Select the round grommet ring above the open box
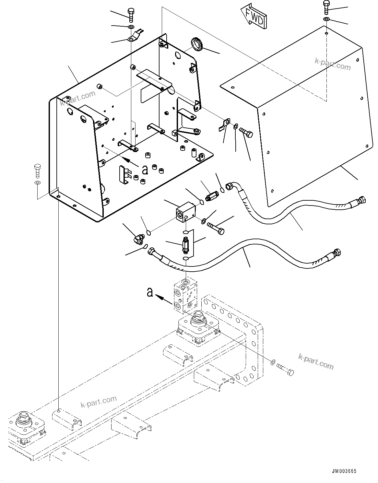196,44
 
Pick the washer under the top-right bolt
326,20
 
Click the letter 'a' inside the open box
145,169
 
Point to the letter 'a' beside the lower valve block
150,292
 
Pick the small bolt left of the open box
37,171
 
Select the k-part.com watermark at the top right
333,64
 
